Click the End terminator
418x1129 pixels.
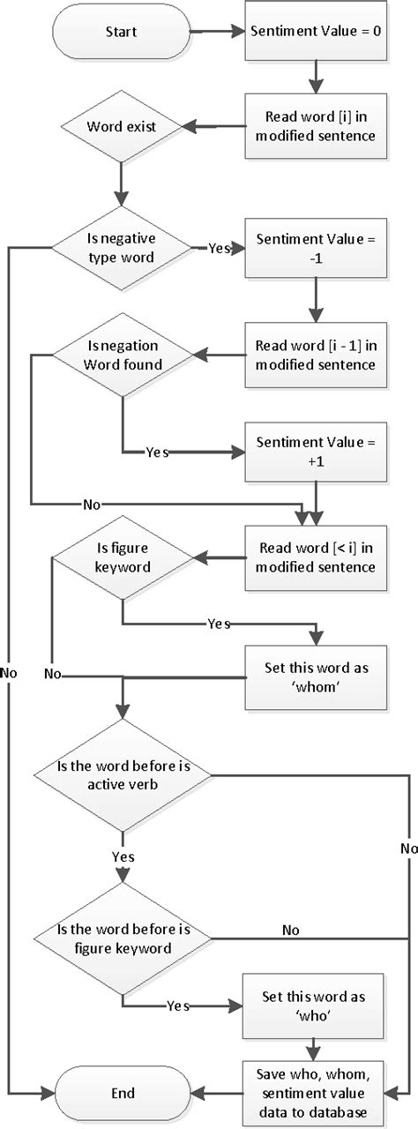(x=123, y=1093)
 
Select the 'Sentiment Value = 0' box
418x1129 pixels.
(x=316, y=31)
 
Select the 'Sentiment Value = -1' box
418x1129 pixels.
(x=316, y=248)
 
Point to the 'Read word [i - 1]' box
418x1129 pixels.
(x=316, y=356)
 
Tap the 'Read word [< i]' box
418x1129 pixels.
(x=316, y=557)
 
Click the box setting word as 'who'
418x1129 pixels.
(x=316, y=1005)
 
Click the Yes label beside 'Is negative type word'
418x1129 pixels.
(x=218, y=248)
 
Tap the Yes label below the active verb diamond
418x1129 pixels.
(x=123, y=856)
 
